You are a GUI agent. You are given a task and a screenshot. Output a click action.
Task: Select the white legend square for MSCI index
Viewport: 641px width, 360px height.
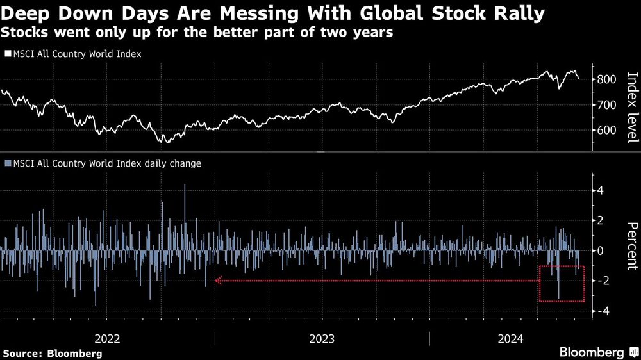tap(8, 54)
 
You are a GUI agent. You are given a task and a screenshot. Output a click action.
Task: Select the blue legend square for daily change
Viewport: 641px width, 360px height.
tap(8, 163)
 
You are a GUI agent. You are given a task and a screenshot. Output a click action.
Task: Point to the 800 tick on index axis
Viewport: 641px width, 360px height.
tap(606, 79)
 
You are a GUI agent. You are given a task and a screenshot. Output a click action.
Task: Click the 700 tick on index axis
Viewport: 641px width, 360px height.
tap(606, 104)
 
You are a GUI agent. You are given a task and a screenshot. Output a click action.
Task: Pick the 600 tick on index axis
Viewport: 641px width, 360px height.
tap(606, 130)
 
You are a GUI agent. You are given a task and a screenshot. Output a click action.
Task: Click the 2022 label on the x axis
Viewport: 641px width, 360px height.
tap(107, 338)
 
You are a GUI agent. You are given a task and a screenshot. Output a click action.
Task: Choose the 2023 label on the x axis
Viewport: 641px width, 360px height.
tap(322, 338)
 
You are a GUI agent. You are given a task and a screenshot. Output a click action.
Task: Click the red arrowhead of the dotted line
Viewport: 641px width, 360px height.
tap(218, 280)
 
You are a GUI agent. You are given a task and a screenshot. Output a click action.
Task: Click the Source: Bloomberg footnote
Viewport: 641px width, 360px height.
tap(53, 353)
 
